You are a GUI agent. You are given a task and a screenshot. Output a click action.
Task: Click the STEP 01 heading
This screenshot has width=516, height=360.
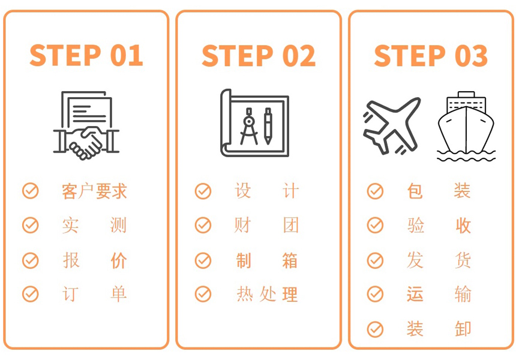pyautogui.click(x=86, y=55)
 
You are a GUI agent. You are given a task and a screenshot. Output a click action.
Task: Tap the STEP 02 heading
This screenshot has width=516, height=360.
pyautogui.click(x=259, y=55)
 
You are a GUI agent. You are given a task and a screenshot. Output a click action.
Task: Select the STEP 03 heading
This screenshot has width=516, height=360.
pyautogui.click(x=431, y=55)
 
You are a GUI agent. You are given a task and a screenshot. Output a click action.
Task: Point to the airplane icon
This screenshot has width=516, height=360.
pyautogui.click(x=392, y=126)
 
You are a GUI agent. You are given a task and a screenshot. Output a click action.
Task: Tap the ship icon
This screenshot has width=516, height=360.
pyautogui.click(x=466, y=127)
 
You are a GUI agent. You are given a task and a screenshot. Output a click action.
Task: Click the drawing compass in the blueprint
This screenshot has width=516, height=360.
pyautogui.click(x=249, y=127)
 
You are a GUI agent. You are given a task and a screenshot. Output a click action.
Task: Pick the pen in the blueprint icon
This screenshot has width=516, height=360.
pyautogui.click(x=268, y=126)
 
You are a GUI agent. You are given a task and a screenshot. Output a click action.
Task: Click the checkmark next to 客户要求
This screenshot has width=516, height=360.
pyautogui.click(x=30, y=191)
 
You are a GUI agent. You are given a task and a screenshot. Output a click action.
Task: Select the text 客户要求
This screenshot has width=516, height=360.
pyautogui.click(x=94, y=191)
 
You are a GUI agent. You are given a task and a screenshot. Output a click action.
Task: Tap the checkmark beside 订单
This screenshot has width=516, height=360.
pyautogui.click(x=30, y=294)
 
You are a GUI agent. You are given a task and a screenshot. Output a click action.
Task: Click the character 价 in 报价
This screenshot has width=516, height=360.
pyautogui.click(x=118, y=260)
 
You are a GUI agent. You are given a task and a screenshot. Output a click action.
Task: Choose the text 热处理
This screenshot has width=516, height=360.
pyautogui.click(x=267, y=294)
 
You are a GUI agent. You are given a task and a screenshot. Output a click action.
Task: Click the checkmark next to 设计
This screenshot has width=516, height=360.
pyautogui.click(x=203, y=191)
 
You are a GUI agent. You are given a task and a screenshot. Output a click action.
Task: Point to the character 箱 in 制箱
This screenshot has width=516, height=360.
pyautogui.click(x=290, y=260)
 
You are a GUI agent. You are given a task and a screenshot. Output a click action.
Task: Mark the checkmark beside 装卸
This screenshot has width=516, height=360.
pyautogui.click(x=375, y=329)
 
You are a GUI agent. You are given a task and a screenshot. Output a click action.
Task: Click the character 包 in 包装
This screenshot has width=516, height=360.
pyautogui.click(x=415, y=191)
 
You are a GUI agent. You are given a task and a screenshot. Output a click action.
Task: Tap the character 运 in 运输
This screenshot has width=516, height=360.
pyautogui.click(x=415, y=294)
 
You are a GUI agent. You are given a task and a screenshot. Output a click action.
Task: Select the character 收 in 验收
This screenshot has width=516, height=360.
pyautogui.click(x=463, y=226)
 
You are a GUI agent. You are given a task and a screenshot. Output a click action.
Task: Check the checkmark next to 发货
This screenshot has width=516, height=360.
pyautogui.click(x=375, y=260)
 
